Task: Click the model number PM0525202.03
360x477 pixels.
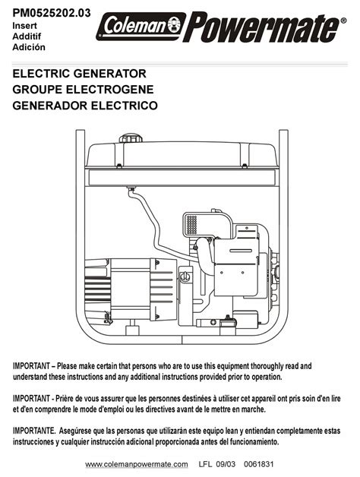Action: pyautogui.click(x=52, y=13)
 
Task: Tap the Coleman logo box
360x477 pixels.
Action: pyautogui.click(x=141, y=27)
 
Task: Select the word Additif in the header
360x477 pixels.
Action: pyautogui.click(x=27, y=36)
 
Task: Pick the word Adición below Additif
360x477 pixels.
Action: pyautogui.click(x=29, y=47)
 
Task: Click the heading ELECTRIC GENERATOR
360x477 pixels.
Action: pyautogui.click(x=80, y=74)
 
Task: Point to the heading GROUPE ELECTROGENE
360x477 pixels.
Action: pyautogui.click(x=83, y=90)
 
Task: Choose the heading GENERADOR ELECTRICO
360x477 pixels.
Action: pyautogui.click(x=85, y=106)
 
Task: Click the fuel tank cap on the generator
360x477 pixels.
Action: pyautogui.click(x=131, y=138)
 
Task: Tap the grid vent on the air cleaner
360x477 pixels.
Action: pyautogui.click(x=191, y=225)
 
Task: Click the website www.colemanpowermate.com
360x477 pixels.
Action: pyautogui.click(x=137, y=465)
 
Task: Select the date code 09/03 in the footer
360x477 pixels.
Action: pyautogui.click(x=226, y=464)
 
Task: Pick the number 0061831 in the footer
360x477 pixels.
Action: pyautogui.click(x=259, y=464)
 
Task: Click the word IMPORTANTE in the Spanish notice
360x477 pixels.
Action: pyautogui.click(x=33, y=431)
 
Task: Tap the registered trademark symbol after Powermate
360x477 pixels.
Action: pyautogui.click(x=343, y=21)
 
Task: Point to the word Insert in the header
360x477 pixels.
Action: pyautogui.click(x=24, y=26)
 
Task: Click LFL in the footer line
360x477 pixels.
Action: pyautogui.click(x=205, y=464)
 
